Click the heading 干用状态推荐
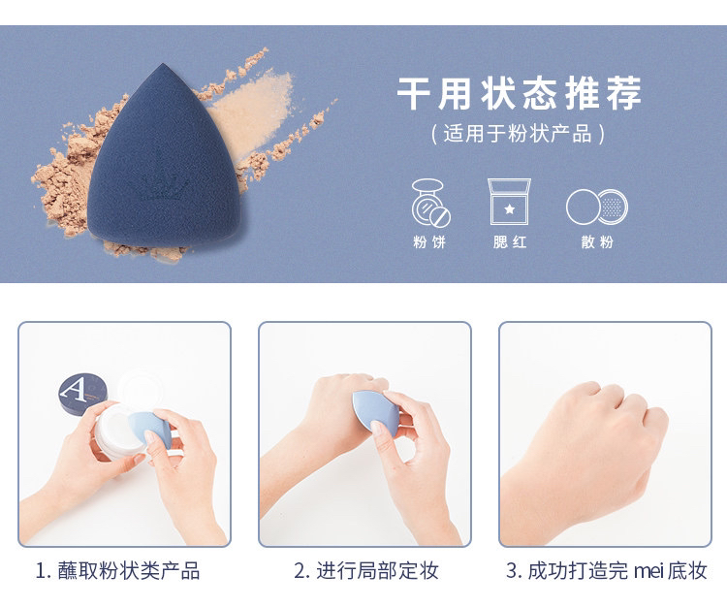tap(520, 93)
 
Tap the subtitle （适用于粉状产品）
tap(518, 134)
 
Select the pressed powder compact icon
tap(430, 203)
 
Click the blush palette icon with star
tap(509, 202)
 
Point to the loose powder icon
tap(597, 207)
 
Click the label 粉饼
tap(429, 241)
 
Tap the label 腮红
tap(510, 241)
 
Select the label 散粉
tap(598, 241)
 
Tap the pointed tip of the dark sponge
tap(162, 64)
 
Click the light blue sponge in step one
tap(149, 429)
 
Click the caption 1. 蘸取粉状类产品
tap(117, 571)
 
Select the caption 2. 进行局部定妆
tap(366, 571)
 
